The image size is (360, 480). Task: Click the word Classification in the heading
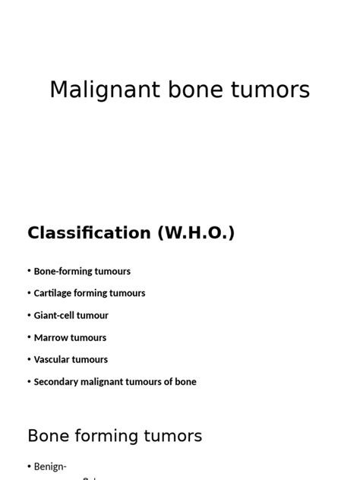point(90,233)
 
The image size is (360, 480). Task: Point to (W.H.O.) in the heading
point(196,233)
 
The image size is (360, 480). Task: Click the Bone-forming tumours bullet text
point(82,271)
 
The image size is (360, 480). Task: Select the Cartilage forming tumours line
point(90,293)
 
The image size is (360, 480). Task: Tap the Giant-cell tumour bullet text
point(71,315)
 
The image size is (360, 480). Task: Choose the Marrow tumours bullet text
point(70,337)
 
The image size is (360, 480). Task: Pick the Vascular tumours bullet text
point(71,359)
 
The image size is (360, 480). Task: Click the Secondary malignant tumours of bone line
point(115,382)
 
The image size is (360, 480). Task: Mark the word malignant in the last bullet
point(106,382)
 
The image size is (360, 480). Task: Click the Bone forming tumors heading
point(115,436)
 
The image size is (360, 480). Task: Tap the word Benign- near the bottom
point(52,466)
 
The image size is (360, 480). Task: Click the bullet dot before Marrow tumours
point(30,337)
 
